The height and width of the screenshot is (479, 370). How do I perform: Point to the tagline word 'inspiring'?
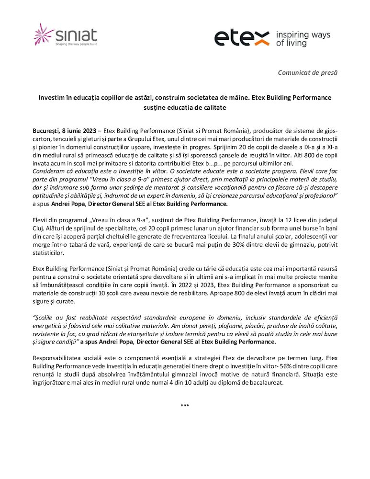pos(292,35)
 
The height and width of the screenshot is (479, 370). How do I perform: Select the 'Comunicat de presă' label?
pos(308,72)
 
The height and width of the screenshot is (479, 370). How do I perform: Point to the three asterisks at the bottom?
pos(185,406)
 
